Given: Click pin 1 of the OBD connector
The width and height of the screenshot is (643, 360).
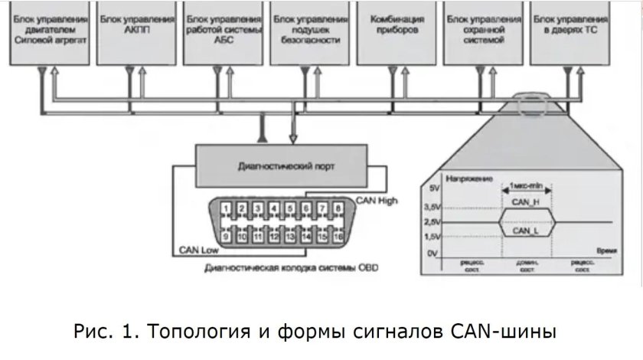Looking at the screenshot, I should tap(226, 209).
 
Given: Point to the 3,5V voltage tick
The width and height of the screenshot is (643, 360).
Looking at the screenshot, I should tap(432, 206).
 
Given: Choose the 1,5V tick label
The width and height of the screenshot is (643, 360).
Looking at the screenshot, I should tap(432, 237).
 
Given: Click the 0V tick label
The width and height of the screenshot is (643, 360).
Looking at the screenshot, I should tap(434, 253).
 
